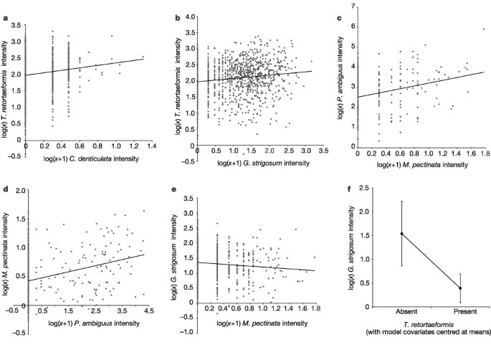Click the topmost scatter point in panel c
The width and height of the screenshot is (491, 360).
(484, 29)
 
